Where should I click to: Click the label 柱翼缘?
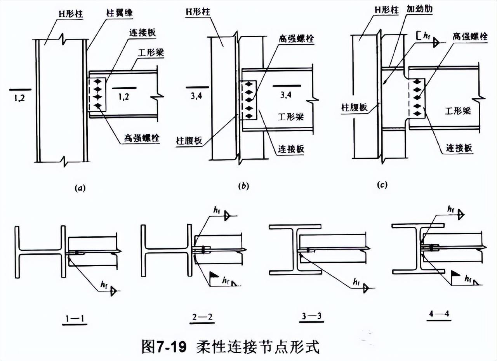(x=120, y=13)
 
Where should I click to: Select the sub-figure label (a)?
(x=79, y=188)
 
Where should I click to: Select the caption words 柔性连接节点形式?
(x=258, y=347)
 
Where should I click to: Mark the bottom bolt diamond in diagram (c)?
(x=418, y=113)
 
